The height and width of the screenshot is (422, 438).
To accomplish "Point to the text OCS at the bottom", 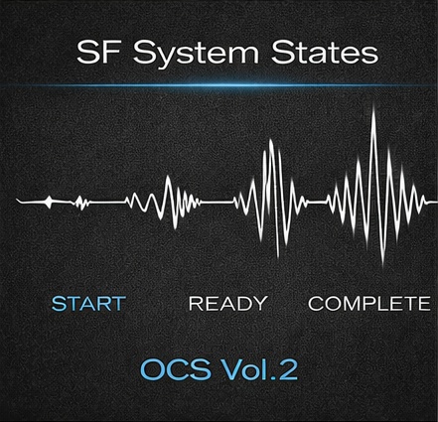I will click(x=175, y=370).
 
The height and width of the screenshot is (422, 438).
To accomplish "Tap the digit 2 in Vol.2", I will click(x=287, y=370).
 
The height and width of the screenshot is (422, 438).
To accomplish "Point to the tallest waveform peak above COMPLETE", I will click(x=373, y=111).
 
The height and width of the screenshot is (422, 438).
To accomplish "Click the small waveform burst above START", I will click(x=79, y=202).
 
